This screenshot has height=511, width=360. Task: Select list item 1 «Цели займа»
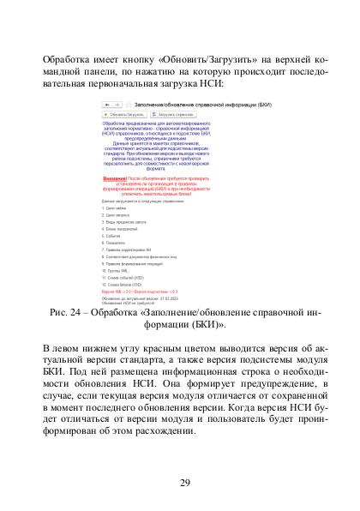[115, 208]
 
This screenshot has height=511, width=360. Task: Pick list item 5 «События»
[113, 235]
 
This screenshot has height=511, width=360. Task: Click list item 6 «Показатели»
[115, 243]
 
